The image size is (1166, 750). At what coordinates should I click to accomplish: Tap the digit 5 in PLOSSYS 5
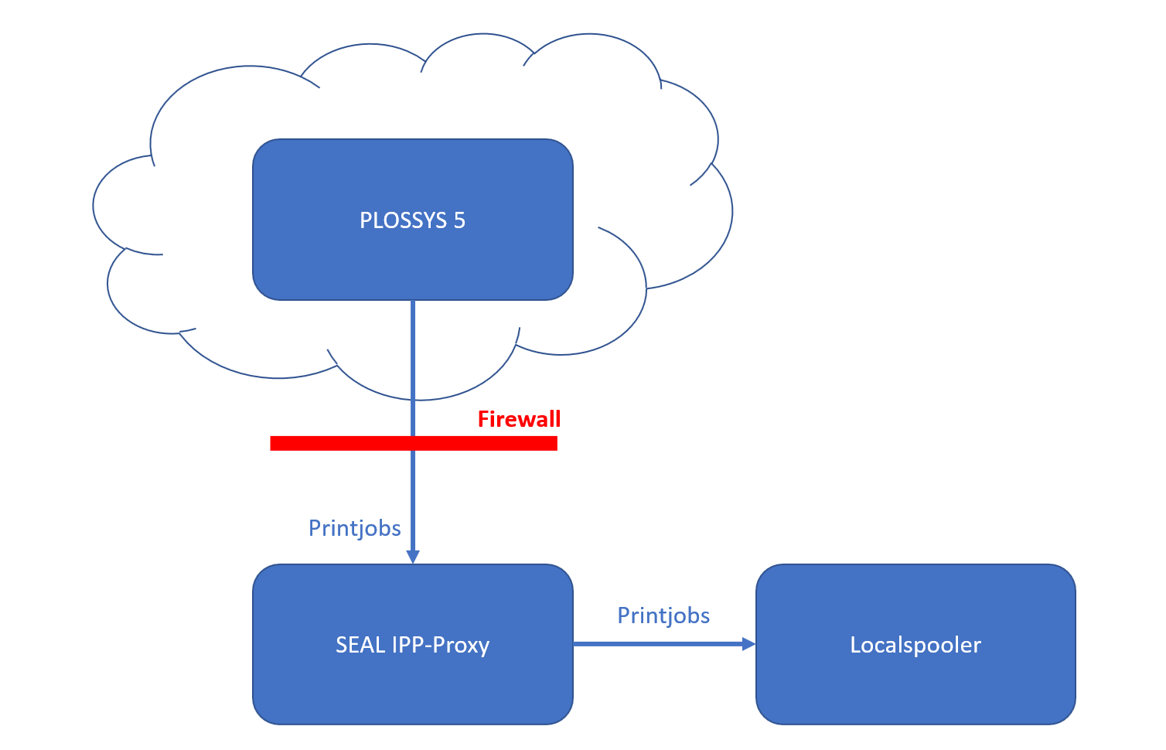click(459, 220)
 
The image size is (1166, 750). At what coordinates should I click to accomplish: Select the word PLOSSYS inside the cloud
click(403, 220)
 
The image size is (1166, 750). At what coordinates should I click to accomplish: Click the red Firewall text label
click(519, 419)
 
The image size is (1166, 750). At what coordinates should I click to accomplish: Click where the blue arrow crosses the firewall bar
click(413, 443)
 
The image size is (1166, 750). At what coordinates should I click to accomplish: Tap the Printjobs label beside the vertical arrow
click(354, 528)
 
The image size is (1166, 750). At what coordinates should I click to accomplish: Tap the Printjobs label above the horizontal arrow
click(663, 615)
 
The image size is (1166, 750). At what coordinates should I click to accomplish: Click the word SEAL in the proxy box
click(360, 645)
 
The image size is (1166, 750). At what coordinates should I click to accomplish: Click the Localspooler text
click(915, 645)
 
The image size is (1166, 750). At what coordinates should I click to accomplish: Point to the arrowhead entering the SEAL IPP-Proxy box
click(413, 557)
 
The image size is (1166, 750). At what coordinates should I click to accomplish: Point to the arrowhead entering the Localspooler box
click(748, 644)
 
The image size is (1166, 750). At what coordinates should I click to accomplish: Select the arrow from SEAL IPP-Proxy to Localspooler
click(657, 644)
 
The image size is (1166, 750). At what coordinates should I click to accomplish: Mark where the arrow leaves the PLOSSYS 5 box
click(413, 302)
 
